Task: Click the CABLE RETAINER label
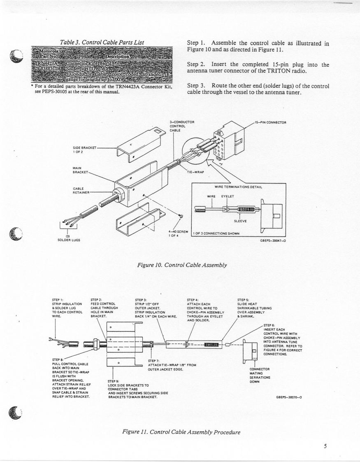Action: click(81, 191)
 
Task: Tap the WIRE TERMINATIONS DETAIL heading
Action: click(238, 187)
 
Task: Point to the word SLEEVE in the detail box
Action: click(239, 221)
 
